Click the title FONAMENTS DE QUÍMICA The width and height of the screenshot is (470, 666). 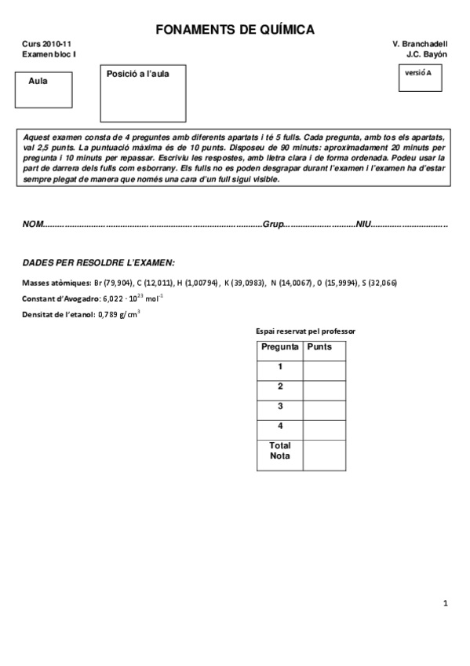tap(235, 30)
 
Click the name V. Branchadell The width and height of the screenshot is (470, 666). tap(420, 45)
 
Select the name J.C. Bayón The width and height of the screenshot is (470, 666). tap(427, 54)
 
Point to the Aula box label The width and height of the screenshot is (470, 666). tap(38, 81)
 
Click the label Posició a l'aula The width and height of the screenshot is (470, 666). tap(138, 74)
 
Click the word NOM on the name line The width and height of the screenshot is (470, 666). tap(32, 224)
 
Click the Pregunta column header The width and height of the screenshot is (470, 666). tap(279, 346)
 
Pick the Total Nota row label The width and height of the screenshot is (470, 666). tap(279, 450)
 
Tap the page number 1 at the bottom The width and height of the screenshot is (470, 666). tap(445, 603)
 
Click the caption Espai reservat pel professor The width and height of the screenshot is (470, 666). tap(305, 331)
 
